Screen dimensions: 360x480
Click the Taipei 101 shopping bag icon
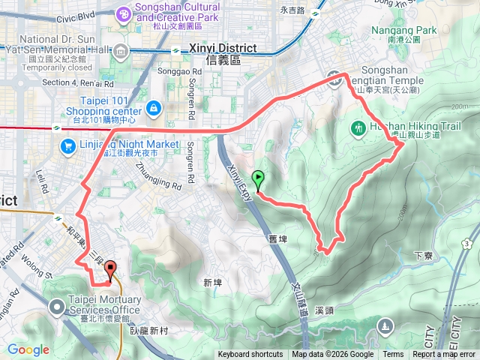[154, 107]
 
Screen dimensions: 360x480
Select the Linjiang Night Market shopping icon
[67, 145]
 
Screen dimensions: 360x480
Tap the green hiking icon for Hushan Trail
[358, 128]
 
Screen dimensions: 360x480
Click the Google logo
[28, 349]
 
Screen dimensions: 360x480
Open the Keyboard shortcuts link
[250, 355]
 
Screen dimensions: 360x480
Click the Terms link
[393, 355]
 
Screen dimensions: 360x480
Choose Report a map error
[445, 355]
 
